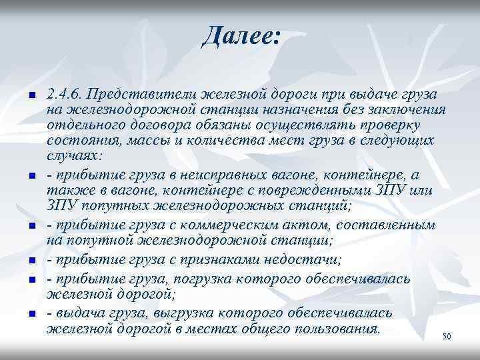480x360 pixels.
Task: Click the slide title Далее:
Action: point(241,34)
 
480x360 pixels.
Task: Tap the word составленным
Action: point(379,225)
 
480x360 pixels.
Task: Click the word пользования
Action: point(335,329)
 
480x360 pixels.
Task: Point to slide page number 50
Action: point(447,337)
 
